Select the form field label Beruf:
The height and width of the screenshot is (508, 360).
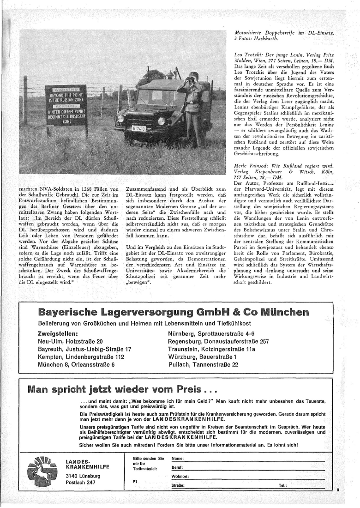(x=178, y=468)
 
